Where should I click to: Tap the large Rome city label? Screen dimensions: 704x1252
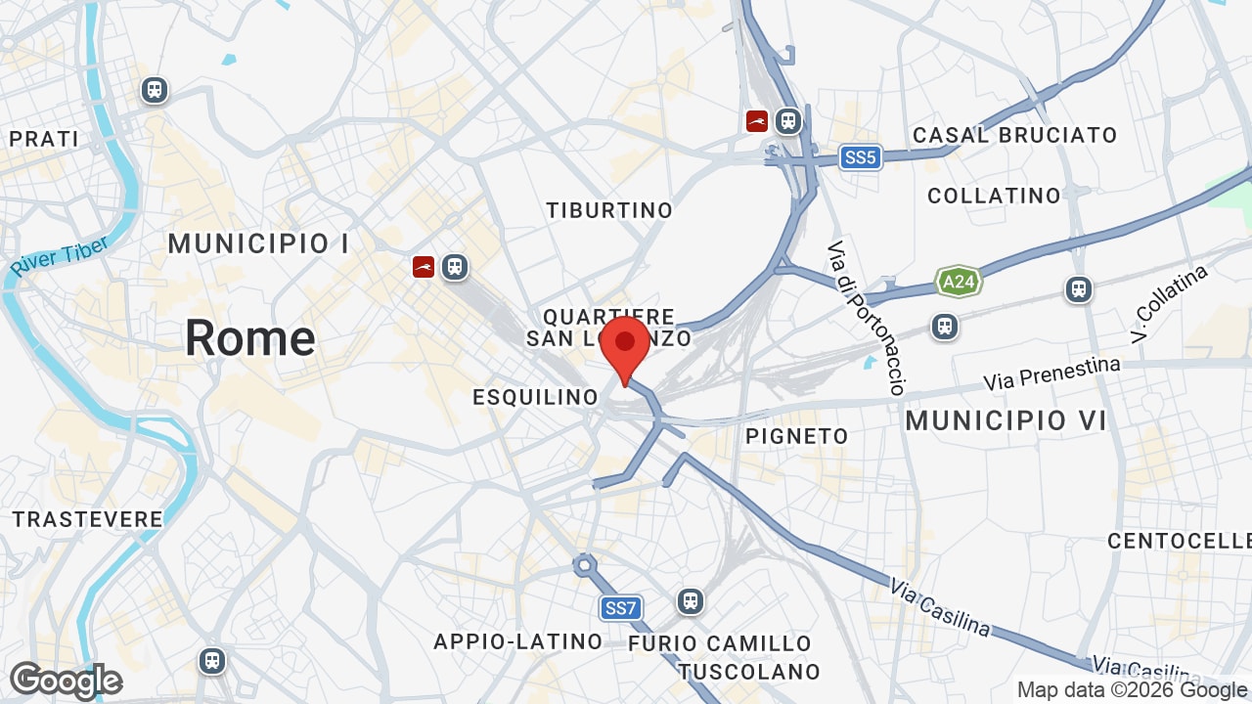(x=250, y=338)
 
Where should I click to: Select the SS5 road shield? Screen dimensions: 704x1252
(x=860, y=157)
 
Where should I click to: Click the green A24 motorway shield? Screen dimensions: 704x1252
(x=958, y=283)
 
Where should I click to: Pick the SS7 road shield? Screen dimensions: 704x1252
(x=620, y=608)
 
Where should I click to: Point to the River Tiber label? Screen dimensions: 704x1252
(x=60, y=256)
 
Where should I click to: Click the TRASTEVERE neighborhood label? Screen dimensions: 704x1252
(x=88, y=519)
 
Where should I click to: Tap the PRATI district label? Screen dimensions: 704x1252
(x=44, y=139)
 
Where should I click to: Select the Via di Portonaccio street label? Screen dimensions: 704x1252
(x=866, y=318)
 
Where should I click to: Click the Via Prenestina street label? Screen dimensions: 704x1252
(x=1051, y=373)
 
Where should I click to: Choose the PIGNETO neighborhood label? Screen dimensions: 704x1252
(x=797, y=436)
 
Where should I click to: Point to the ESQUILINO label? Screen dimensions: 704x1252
(x=535, y=397)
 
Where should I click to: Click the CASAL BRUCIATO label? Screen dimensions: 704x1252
(x=1014, y=135)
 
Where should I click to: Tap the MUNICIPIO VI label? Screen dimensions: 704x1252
(x=1006, y=421)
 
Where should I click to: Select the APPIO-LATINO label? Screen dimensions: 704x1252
(x=518, y=641)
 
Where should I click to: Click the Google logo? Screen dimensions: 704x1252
(x=66, y=681)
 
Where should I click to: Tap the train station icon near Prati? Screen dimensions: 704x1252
(x=154, y=90)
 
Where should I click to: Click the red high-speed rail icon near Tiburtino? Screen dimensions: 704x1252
(x=756, y=121)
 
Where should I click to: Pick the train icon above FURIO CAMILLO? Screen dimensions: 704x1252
(x=691, y=600)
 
